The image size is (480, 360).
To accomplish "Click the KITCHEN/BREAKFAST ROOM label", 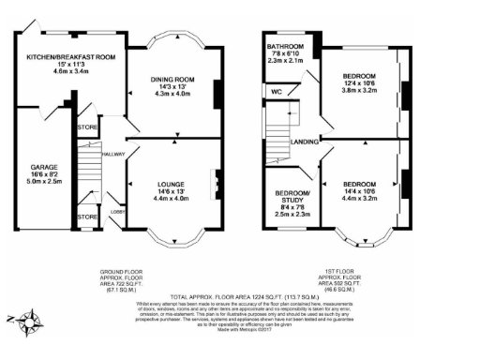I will coord(70,57).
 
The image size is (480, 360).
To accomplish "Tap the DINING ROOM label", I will coord(172,80).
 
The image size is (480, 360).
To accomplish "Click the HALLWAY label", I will coord(113,154).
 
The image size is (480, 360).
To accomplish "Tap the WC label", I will coord(276,92).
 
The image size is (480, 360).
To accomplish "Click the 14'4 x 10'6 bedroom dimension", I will coord(358,190).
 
